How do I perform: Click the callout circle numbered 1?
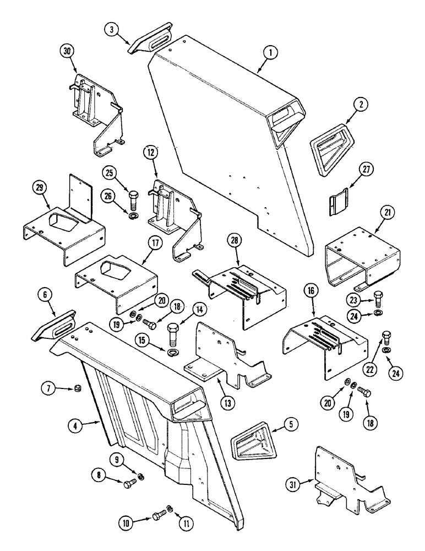point(271,53)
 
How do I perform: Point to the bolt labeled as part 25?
point(134,197)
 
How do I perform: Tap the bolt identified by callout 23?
point(378,298)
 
